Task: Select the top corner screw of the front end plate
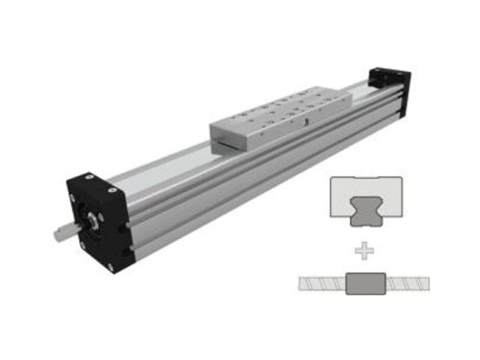pos(90,179)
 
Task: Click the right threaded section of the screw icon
pos(409,284)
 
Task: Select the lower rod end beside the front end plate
pos(133,247)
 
